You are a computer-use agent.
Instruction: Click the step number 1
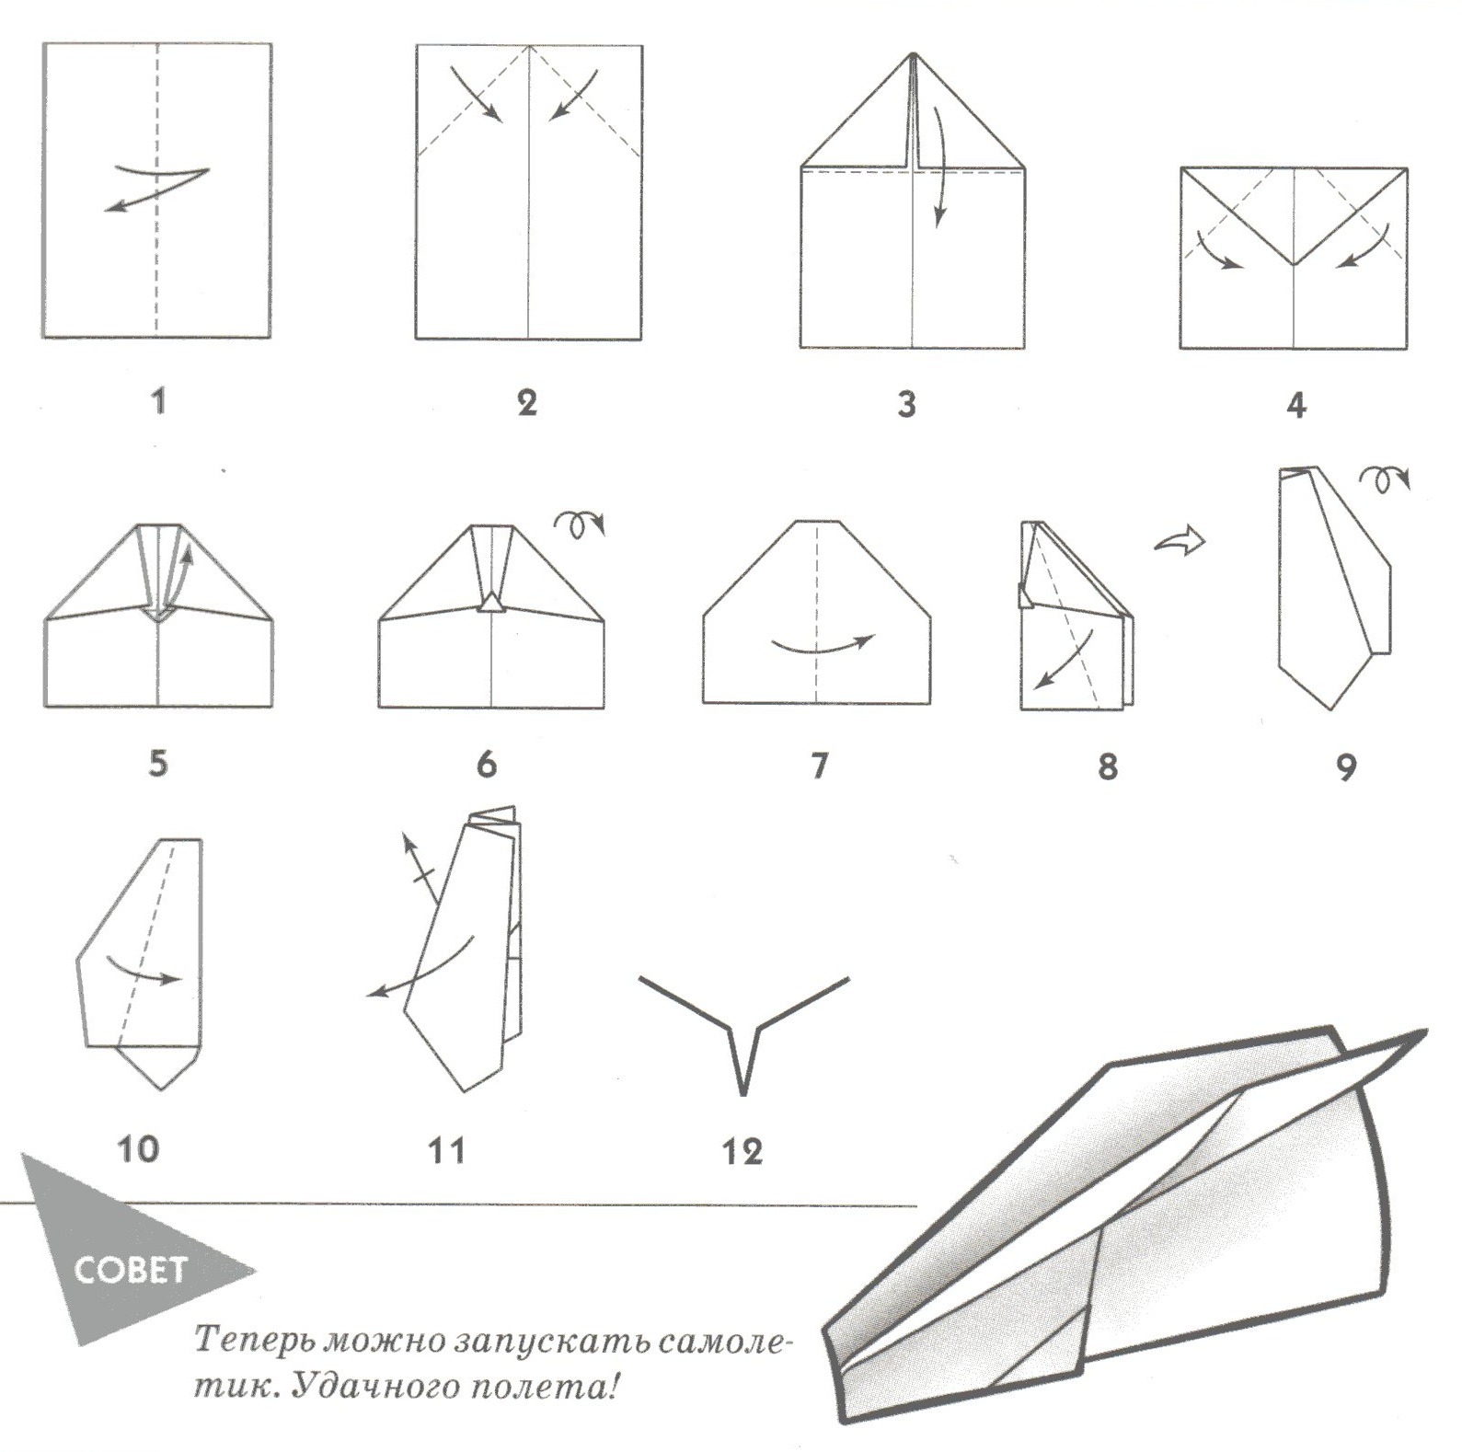tap(158, 401)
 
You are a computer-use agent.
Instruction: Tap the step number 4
tap(1296, 404)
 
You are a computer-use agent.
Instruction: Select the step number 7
tap(819, 765)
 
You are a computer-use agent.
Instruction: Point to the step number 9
tap(1346, 766)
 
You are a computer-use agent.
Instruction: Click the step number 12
tap(743, 1151)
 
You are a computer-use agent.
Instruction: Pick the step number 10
tap(138, 1148)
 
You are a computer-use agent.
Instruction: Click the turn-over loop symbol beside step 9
tap(1384, 480)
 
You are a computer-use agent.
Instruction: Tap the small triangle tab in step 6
tap(492, 602)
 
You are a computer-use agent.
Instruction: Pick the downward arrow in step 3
tap(940, 166)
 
